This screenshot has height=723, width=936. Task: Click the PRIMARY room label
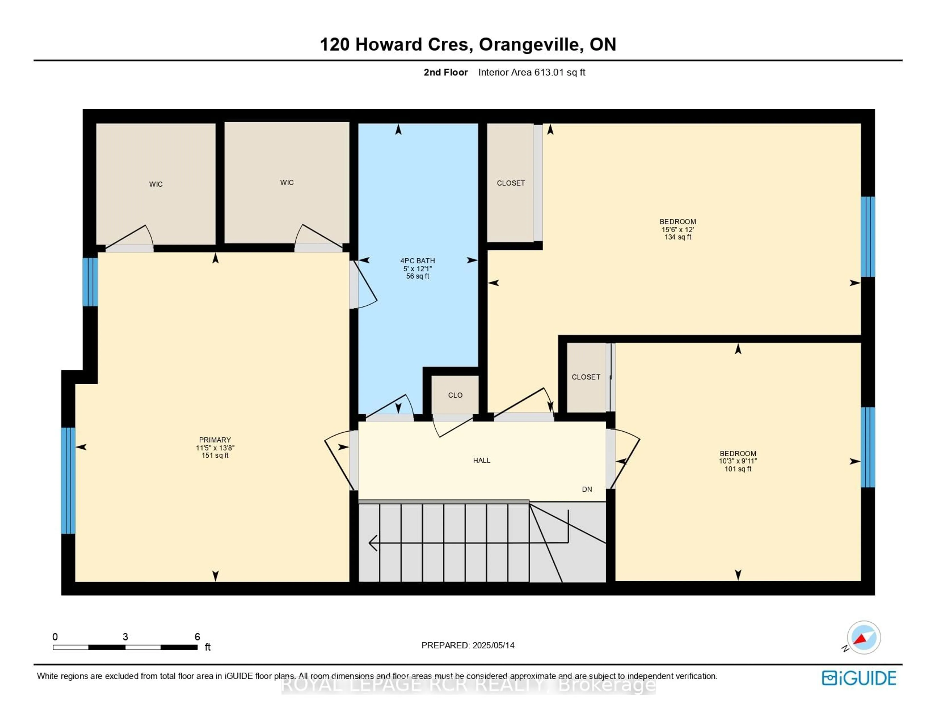tap(215, 440)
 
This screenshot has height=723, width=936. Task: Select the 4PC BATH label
tap(418, 260)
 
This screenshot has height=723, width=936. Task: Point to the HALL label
tap(481, 460)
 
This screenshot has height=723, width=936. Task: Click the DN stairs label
tap(587, 489)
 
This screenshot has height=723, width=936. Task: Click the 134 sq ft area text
tap(678, 237)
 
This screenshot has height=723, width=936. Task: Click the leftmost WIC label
tap(156, 184)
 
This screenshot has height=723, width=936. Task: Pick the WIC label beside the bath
tap(287, 183)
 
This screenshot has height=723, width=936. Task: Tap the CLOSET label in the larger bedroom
tap(510, 183)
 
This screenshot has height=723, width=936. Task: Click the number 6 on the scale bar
tap(197, 637)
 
